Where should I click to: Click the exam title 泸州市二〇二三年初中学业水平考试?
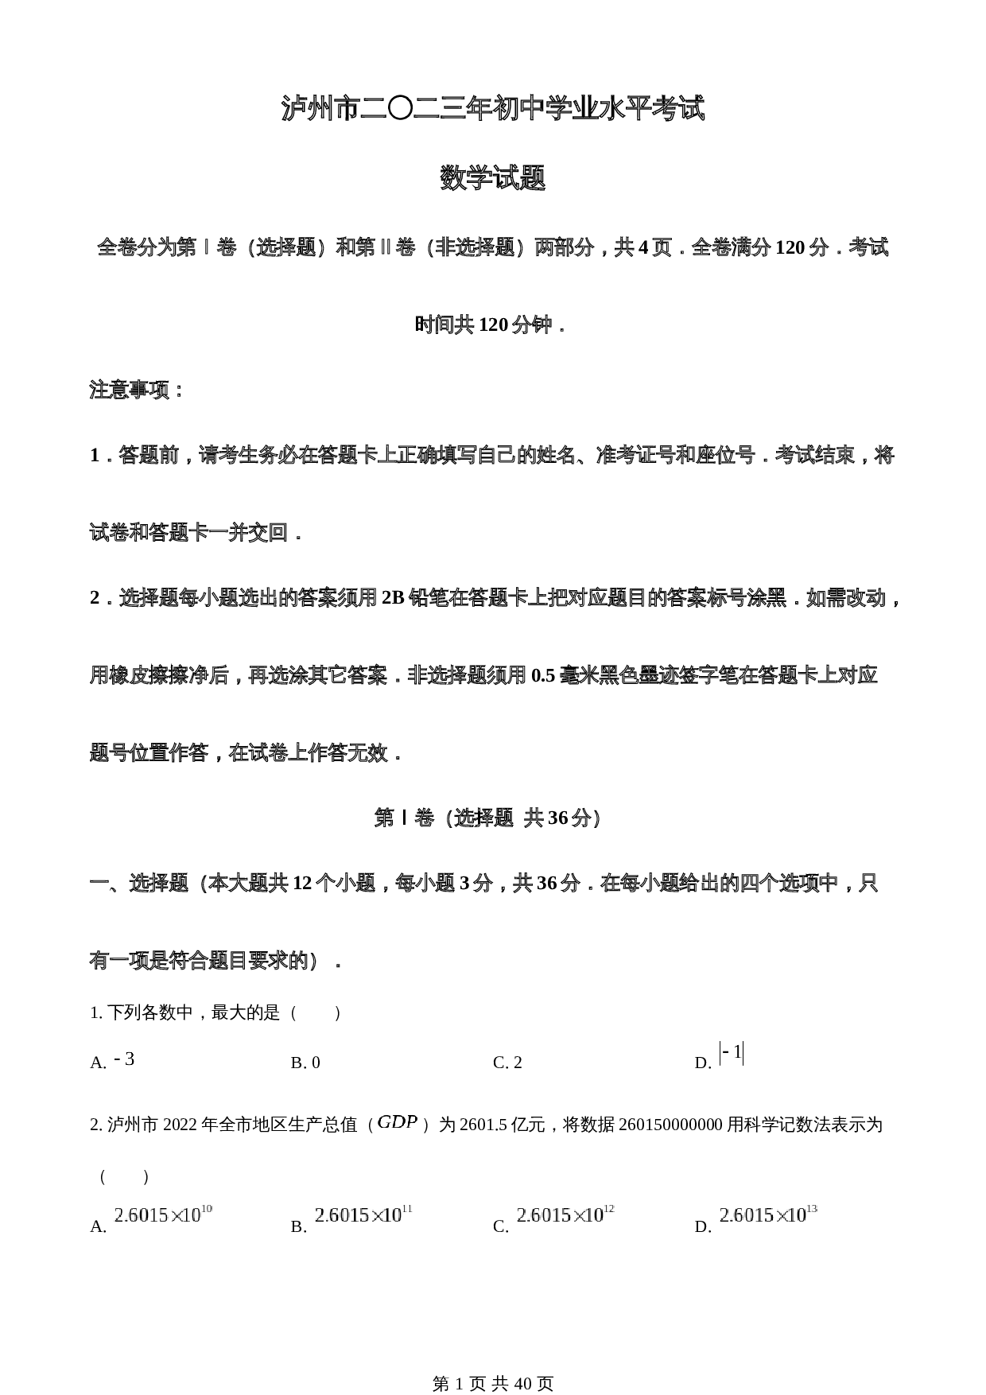pos(493,109)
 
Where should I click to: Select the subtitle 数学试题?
pos(493,178)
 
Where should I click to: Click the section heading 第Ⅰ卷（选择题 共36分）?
pos(487,818)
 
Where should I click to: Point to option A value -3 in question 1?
pos(124,1059)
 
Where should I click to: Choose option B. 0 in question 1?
pos(305,1063)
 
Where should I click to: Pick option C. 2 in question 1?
pos(507,1063)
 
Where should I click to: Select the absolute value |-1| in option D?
pos(731,1053)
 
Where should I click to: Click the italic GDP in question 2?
pos(397,1122)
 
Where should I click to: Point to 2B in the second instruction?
pos(393,598)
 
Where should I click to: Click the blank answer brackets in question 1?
pos(316,1013)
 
